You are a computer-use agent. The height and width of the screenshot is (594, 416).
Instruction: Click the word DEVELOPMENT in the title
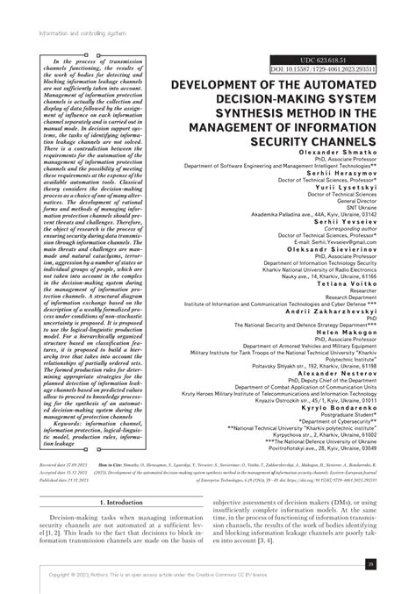click(232, 85)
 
